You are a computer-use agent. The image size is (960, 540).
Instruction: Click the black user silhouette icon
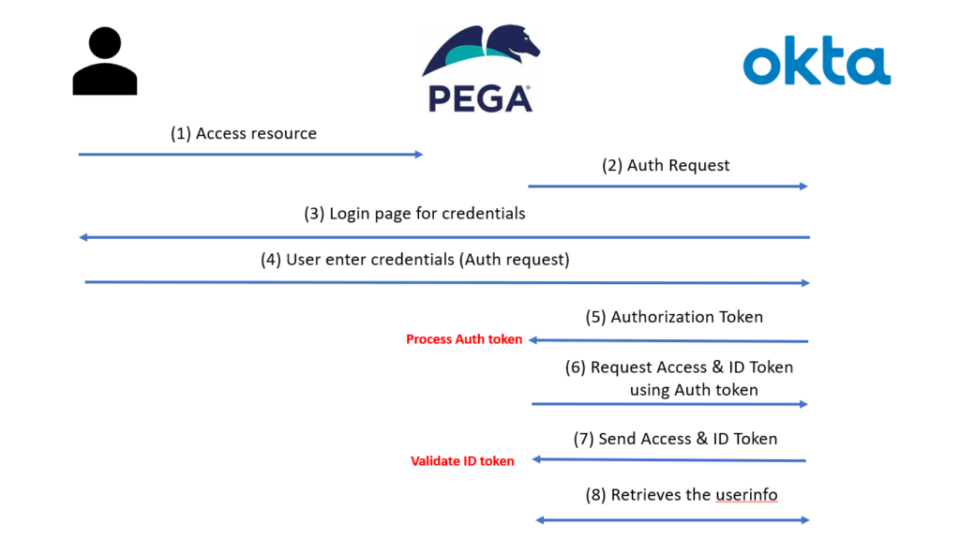pos(105,61)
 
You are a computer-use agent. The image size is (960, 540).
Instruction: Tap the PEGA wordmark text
pos(480,99)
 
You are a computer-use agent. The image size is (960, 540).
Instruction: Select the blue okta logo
pos(817,61)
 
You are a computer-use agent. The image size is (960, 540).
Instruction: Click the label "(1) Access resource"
pos(244,133)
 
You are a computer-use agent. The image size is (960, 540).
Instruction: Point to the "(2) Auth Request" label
pos(666,165)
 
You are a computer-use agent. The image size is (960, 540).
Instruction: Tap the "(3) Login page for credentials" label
pos(414,214)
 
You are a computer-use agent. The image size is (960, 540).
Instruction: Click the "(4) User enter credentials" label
pos(415,260)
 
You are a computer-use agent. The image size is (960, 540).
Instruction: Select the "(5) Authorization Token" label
pos(674,317)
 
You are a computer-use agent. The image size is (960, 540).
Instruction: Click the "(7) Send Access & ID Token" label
pos(675,439)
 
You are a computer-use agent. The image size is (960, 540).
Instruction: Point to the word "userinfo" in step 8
pos(746,495)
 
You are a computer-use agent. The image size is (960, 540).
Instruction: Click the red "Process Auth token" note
pos(464,339)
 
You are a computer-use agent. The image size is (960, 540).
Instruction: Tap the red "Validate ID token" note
pos(462,461)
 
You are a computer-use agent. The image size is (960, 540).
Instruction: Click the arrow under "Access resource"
pos(251,155)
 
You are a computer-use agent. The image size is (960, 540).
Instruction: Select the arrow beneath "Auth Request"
pos(667,187)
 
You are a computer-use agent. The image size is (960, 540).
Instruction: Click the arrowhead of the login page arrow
pos(83,237)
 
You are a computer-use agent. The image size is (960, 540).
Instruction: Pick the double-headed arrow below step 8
pos(672,520)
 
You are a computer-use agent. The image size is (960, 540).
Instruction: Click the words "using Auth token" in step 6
pos(694,390)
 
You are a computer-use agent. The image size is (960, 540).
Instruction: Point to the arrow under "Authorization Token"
pos(668,340)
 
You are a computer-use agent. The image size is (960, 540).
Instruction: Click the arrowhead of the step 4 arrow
pos(805,283)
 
